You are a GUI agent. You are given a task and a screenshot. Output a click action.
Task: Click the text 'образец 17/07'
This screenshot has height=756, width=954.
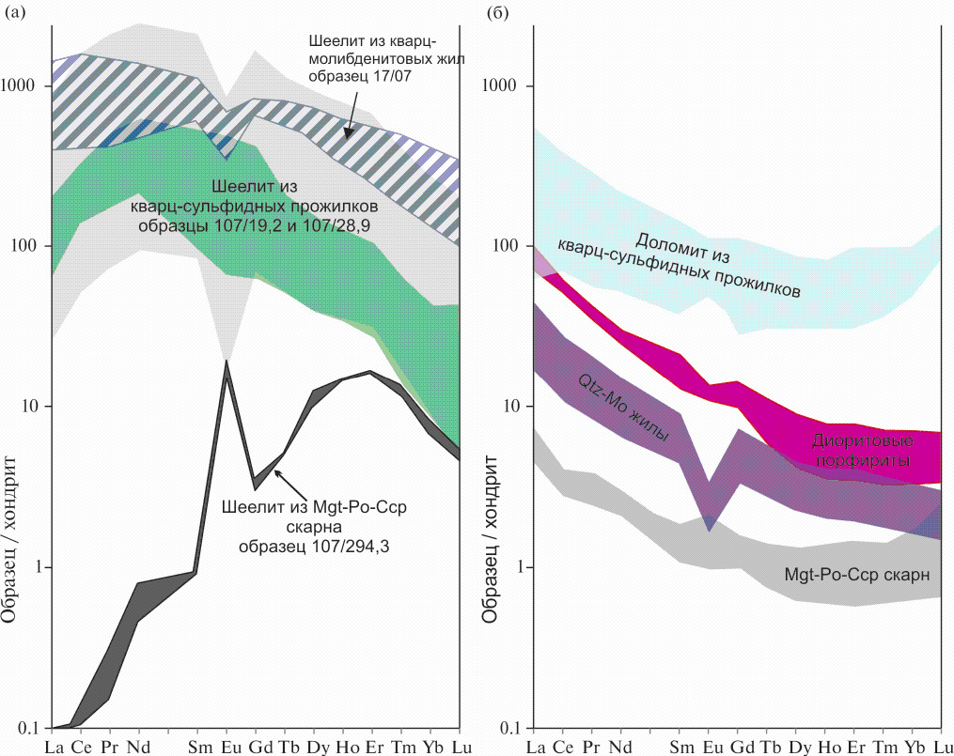tap(352, 76)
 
